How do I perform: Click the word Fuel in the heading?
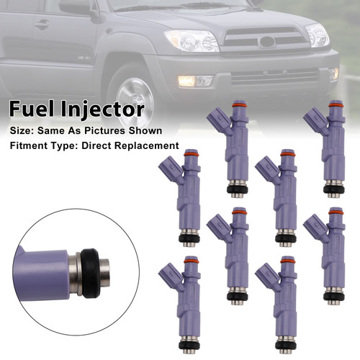click(30, 111)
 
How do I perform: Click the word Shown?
click(146, 130)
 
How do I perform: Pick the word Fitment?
click(30, 145)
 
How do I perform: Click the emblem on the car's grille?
click(267, 42)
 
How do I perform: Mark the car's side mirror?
click(76, 6)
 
